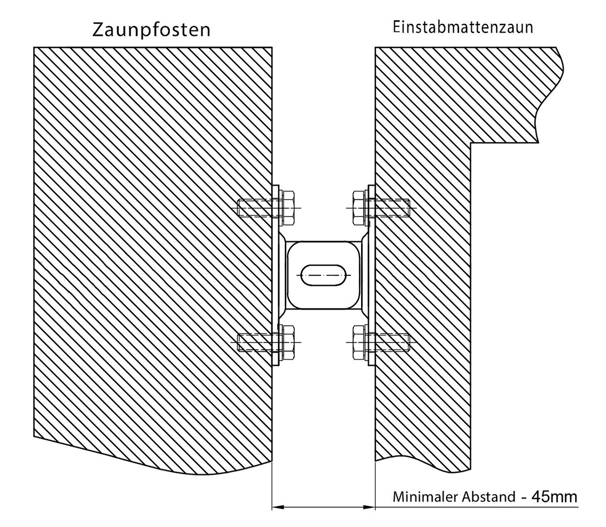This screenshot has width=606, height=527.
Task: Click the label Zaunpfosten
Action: [151, 30]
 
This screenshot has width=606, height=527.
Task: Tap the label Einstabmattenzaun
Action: [463, 28]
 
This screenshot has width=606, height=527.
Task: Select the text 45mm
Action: [554, 497]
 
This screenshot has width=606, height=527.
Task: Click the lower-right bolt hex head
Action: [358, 343]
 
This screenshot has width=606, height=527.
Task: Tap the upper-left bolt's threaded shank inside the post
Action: [255, 208]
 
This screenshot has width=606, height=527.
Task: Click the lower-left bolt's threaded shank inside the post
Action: [255, 343]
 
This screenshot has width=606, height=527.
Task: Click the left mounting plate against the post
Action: [276, 275]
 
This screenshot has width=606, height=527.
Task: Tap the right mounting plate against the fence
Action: [371, 275]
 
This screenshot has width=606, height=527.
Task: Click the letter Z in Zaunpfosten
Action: [98, 30]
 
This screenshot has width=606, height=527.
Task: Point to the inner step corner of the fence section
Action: [471, 143]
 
